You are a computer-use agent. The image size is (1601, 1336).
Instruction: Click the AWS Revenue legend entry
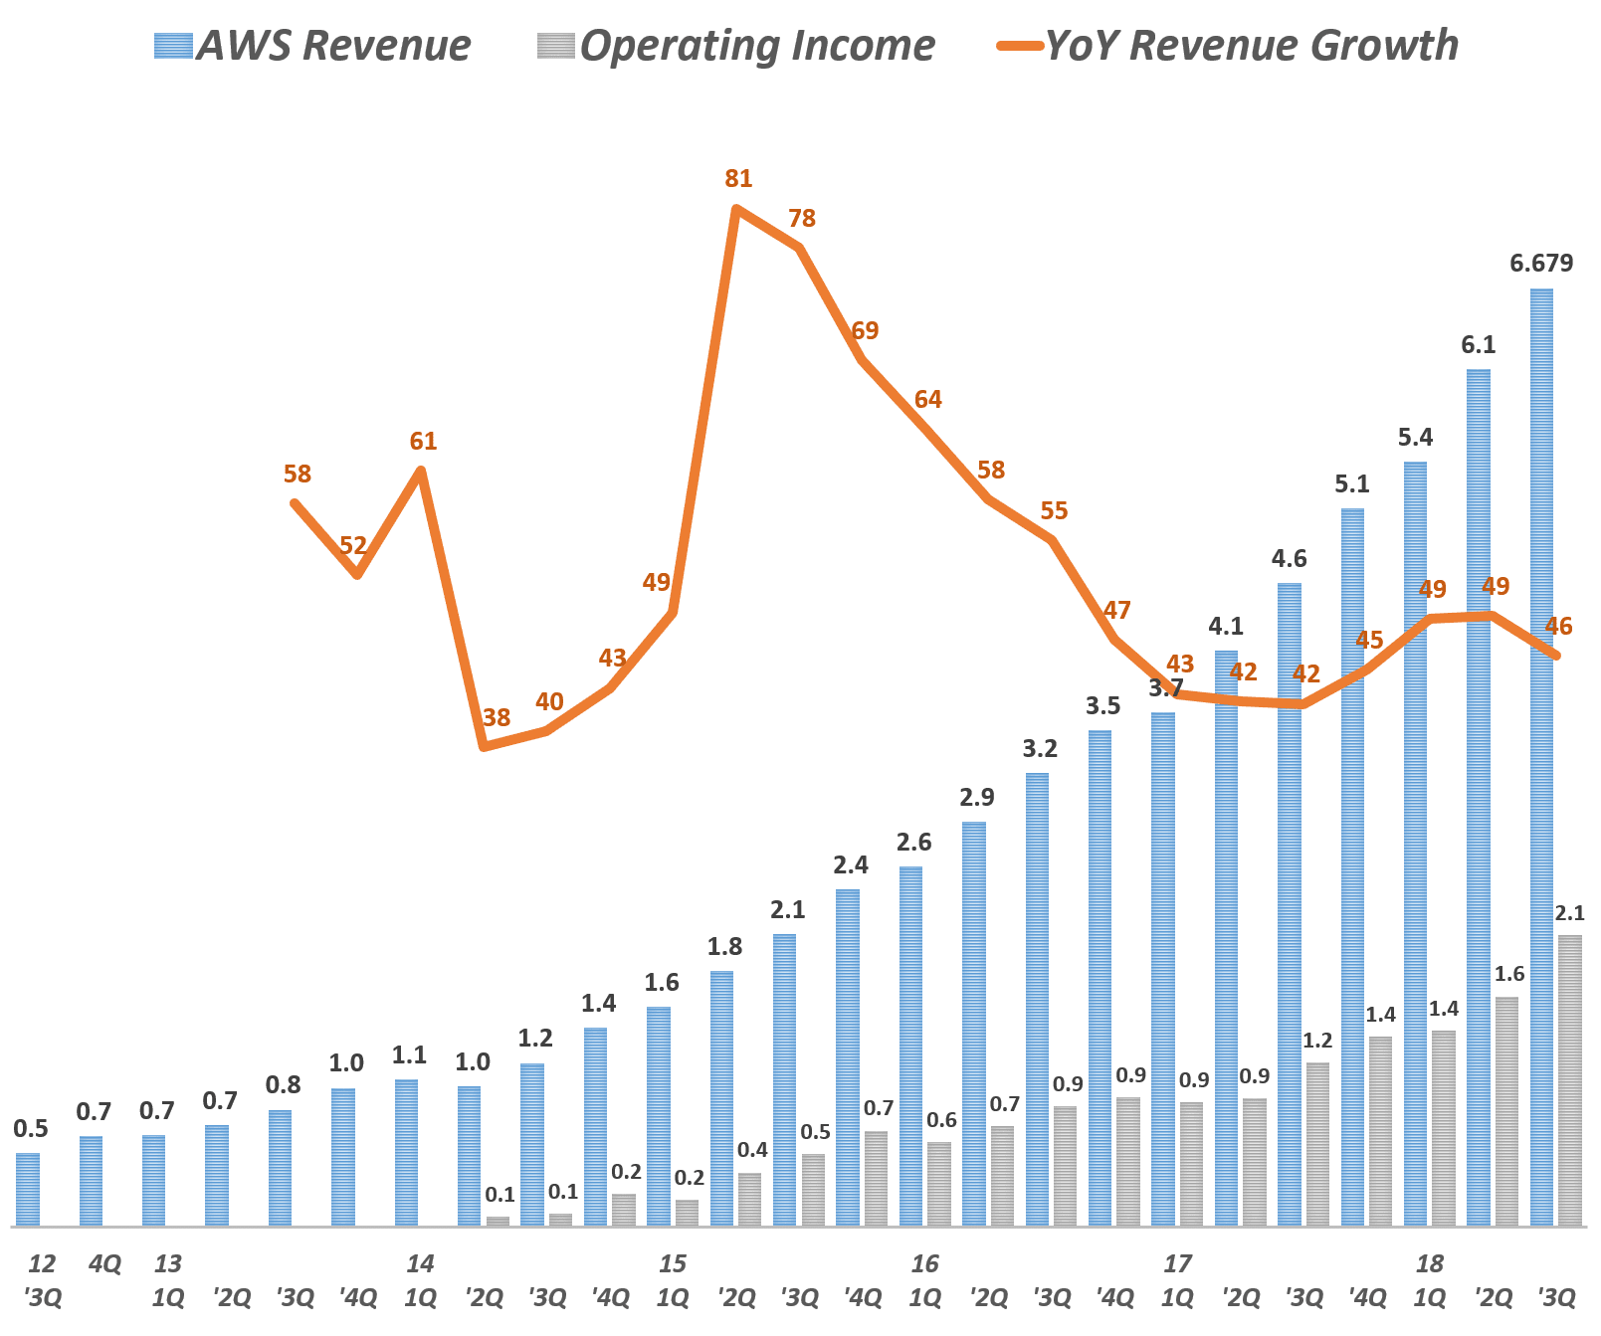pos(312,46)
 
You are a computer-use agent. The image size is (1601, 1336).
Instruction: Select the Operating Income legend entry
pos(736,46)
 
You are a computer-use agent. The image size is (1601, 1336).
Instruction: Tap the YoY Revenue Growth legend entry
pos(1229,46)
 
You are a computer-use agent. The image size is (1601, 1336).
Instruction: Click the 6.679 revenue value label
pos(1541,264)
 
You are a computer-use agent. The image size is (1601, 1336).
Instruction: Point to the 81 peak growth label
pos(738,179)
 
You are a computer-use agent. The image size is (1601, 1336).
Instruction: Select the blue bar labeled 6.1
pos(1478,796)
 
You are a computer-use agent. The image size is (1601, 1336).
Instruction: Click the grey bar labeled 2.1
pos(1569,1079)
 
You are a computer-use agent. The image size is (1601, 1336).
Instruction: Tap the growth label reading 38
pos(496,717)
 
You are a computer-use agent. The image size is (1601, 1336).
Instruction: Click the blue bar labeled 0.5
pos(28,1189)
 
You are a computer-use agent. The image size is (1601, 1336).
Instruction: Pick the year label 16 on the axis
pos(924,1264)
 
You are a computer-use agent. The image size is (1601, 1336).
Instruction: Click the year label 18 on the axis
pos(1429,1264)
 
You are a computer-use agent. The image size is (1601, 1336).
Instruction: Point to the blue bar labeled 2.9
pos(974,1025)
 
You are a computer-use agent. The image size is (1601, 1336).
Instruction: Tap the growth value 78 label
pos(802,219)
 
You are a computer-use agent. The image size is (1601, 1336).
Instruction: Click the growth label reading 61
pos(423,442)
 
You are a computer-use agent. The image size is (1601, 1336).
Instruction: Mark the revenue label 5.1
pos(1351,484)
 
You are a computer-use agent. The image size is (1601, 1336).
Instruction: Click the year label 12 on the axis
pos(42,1264)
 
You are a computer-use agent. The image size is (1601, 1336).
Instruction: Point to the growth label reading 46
pos(1558,627)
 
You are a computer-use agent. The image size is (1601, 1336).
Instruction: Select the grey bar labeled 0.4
pos(749,1199)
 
